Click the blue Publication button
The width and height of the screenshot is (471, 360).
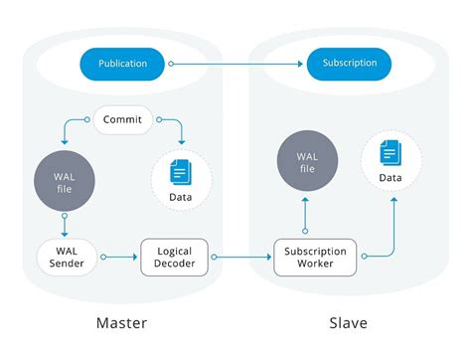123,64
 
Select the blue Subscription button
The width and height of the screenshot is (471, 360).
349,64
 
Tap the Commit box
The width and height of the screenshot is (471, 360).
122,120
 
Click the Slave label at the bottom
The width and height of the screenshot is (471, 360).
349,323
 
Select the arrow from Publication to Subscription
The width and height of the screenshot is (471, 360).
238,64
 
